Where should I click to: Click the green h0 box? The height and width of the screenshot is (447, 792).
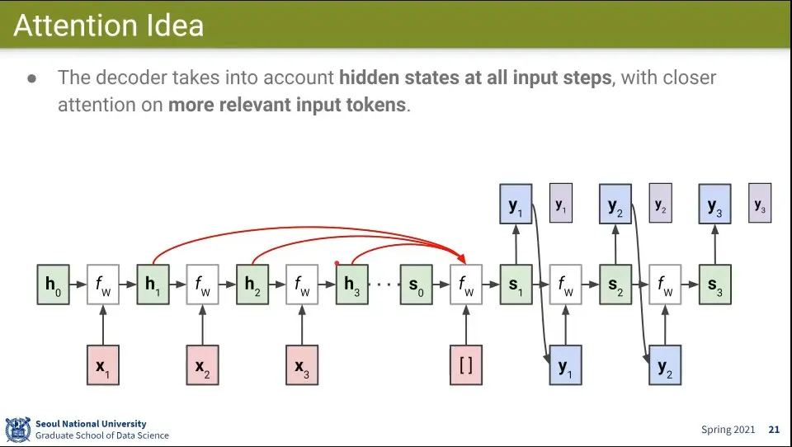pos(53,285)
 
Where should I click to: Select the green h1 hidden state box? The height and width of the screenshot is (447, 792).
pos(153,285)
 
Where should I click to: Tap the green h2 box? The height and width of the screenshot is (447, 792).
pos(252,285)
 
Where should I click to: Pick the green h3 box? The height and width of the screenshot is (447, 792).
pos(351,285)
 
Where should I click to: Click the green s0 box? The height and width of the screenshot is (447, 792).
pos(417,285)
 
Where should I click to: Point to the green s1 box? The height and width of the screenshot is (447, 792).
pos(516,285)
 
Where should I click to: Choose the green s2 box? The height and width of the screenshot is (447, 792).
pos(615,285)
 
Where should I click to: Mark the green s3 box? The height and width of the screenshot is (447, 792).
pos(715,285)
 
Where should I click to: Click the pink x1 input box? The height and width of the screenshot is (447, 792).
pos(102,365)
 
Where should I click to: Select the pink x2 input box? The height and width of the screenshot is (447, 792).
pos(202,365)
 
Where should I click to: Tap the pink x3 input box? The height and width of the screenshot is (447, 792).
pos(302,365)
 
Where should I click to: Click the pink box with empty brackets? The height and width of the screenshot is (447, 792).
pos(466,365)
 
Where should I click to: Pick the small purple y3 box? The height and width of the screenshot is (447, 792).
pos(760,204)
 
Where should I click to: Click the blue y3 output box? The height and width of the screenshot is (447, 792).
pos(715,205)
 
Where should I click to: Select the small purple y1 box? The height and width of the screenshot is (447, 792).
pos(561,204)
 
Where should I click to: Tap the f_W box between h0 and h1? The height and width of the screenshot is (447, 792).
pos(102,285)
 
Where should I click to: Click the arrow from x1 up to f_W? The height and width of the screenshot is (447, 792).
pos(102,325)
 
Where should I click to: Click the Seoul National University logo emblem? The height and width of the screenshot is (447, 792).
pos(17,429)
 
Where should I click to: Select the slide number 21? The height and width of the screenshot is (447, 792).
pos(774,429)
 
